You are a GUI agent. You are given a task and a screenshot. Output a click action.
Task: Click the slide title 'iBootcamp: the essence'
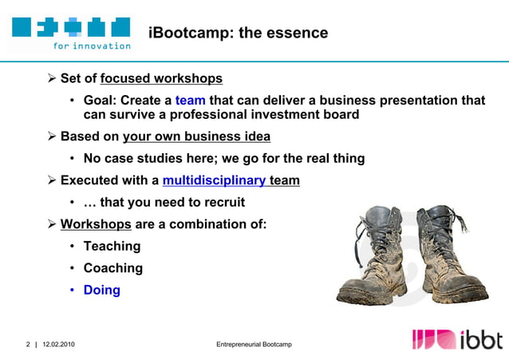(x=238, y=33)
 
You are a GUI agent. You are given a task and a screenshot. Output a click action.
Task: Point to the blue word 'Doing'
(x=101, y=290)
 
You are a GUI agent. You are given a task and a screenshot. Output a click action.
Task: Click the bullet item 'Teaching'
(x=112, y=247)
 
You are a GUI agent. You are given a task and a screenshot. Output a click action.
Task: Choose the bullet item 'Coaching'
(x=112, y=268)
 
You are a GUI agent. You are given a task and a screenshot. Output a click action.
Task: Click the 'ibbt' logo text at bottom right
(x=481, y=340)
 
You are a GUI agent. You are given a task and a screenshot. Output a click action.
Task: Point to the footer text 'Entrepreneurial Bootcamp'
(x=254, y=344)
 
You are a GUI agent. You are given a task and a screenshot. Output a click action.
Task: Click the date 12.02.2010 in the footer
(x=60, y=344)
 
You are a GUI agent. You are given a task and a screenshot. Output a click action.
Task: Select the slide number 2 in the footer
(x=27, y=344)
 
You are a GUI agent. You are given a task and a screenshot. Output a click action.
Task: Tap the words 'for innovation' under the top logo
(x=92, y=45)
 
